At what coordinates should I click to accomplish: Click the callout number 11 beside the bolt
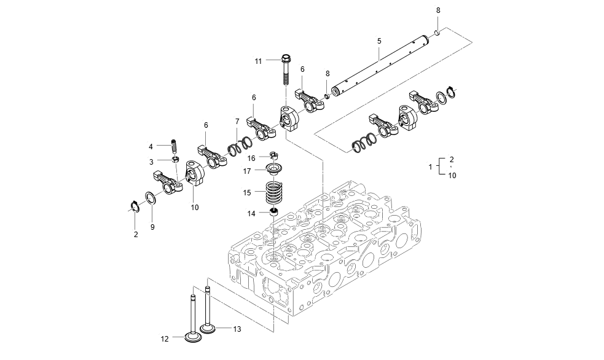pos(259,61)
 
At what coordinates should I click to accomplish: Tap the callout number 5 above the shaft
pos(379,41)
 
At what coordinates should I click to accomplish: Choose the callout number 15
pos(246,192)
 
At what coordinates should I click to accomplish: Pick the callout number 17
pos(246,170)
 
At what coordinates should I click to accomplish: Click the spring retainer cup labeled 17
pos(273,168)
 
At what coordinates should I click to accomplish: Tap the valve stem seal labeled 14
pos(274,213)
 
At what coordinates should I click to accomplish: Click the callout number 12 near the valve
pos(165,338)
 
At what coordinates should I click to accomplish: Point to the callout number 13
pos(237,329)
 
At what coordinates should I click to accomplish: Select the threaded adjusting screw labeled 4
pos(173,146)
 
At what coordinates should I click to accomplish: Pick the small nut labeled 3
pos(175,162)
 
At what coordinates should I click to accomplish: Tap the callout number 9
pos(153,227)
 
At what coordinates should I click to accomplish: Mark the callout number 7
pos(237,122)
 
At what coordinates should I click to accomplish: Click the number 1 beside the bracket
pos(430,167)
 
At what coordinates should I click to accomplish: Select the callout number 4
pos(151,146)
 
